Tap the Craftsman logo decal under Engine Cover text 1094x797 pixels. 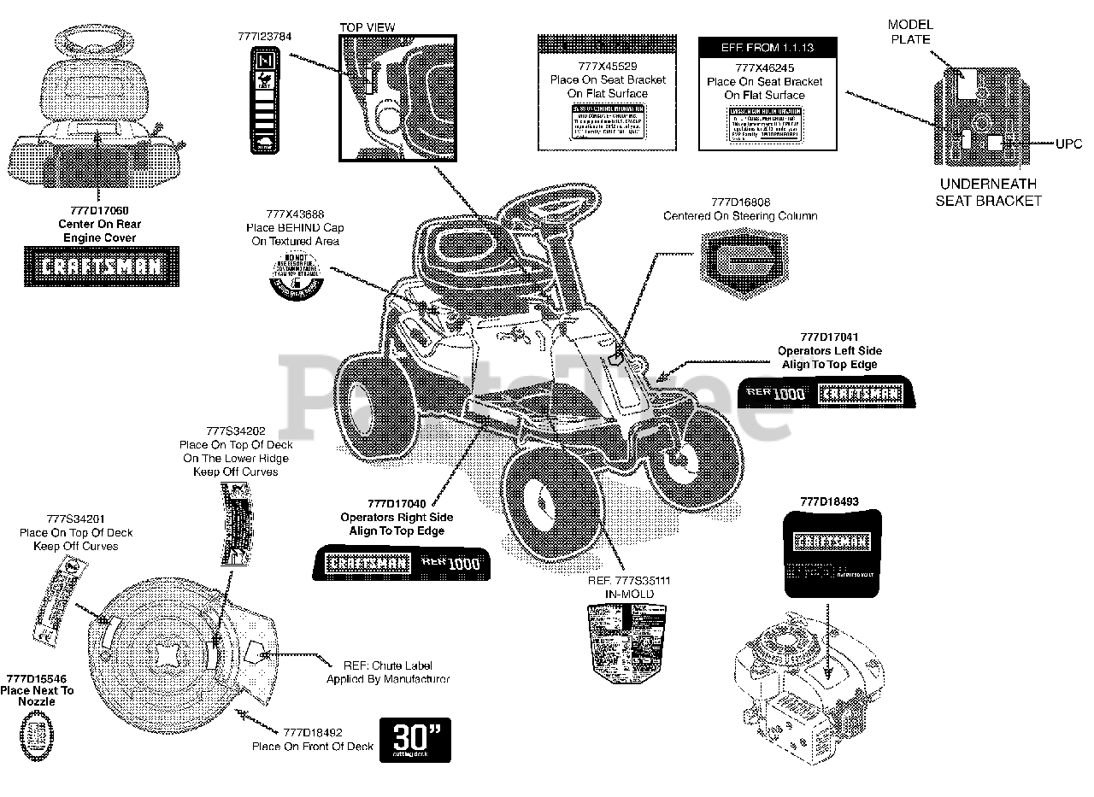pyautogui.click(x=102, y=266)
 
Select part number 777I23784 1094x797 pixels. pyautogui.click(x=264, y=36)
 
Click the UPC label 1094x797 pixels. pyautogui.click(x=1067, y=144)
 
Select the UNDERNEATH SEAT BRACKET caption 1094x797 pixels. pyautogui.click(x=988, y=192)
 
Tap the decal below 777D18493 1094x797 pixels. pyautogui.click(x=826, y=554)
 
